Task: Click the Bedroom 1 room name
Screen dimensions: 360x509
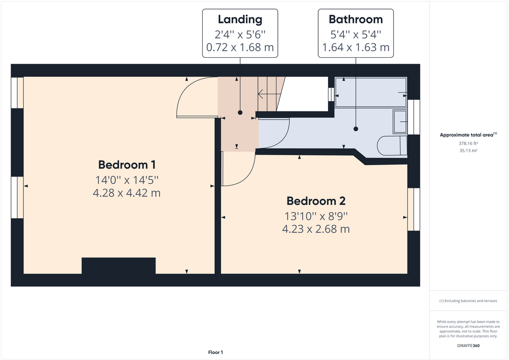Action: (x=127, y=165)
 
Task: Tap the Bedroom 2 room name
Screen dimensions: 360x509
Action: (x=316, y=201)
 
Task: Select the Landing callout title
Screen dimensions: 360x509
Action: (x=240, y=20)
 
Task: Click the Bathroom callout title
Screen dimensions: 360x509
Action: (x=355, y=20)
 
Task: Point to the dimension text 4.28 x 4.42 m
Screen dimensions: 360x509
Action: (x=127, y=193)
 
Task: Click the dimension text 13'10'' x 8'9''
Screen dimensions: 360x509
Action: (x=316, y=216)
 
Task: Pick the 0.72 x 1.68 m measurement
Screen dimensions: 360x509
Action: (x=240, y=48)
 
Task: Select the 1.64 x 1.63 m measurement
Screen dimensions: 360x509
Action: (x=355, y=48)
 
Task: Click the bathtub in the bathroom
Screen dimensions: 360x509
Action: (x=371, y=92)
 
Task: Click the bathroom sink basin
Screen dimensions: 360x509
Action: (x=400, y=122)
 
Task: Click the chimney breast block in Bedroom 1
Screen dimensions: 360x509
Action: (x=118, y=266)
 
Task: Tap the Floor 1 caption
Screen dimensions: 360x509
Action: (x=215, y=353)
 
